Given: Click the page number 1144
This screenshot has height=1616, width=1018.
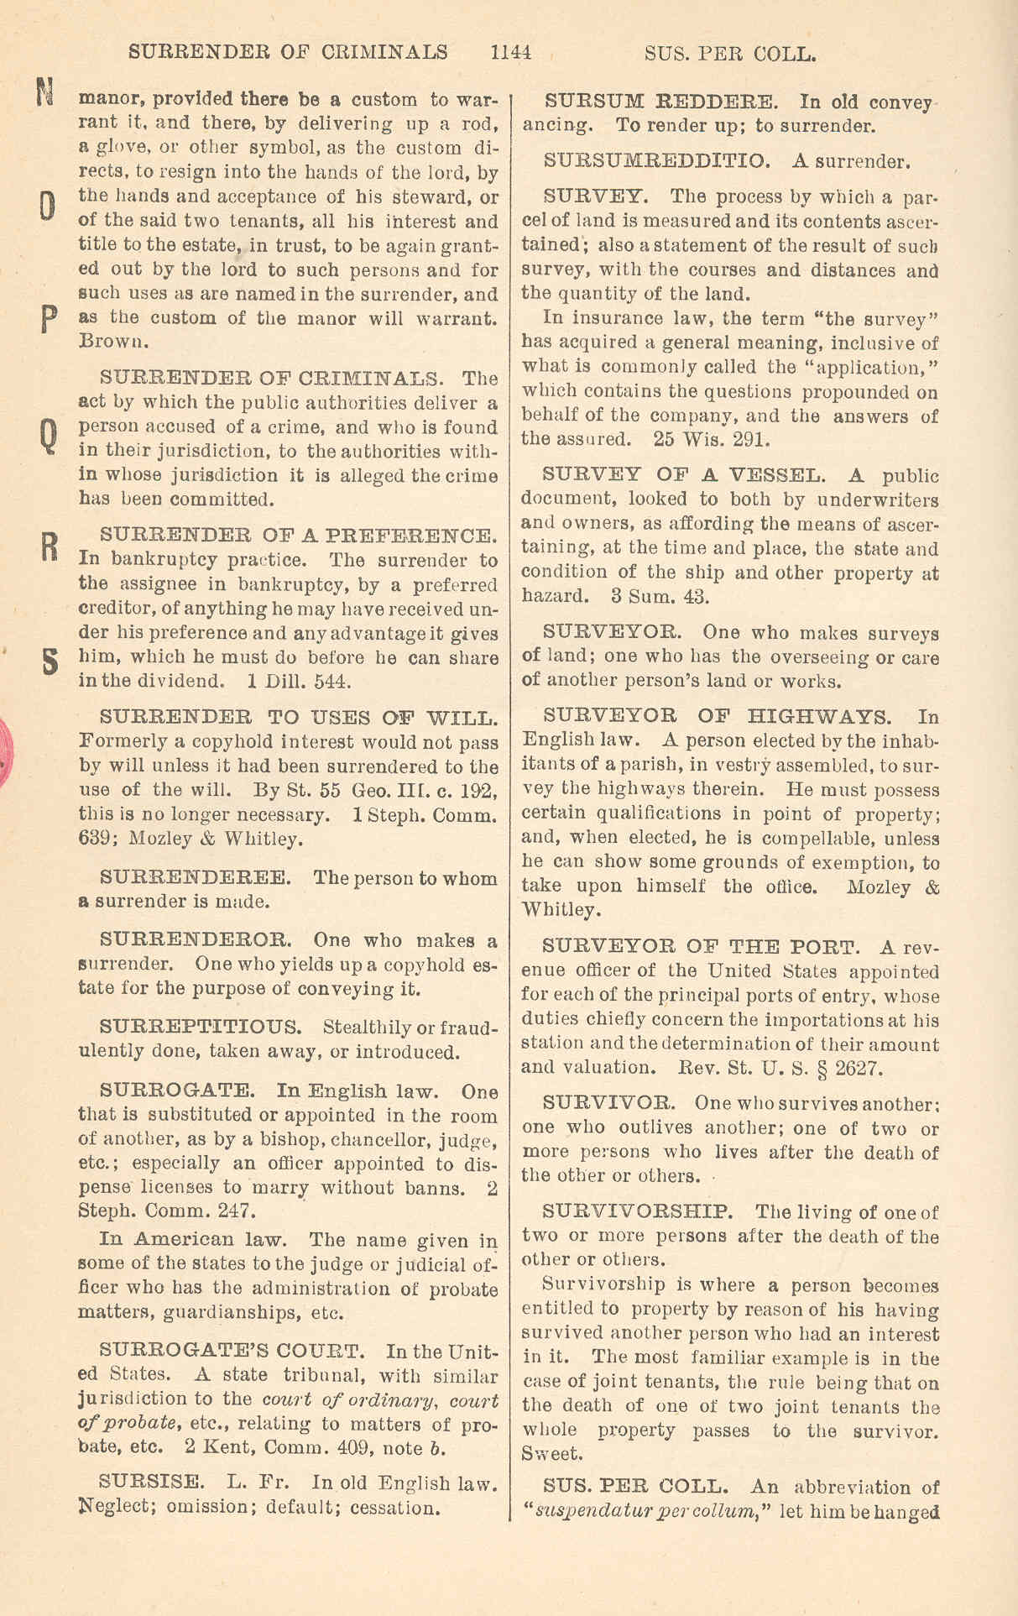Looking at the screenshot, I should pyautogui.click(x=511, y=52).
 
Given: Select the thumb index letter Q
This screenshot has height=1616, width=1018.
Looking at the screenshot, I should pyautogui.click(x=50, y=435).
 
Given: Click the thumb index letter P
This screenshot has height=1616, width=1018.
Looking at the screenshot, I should pyautogui.click(x=49, y=319).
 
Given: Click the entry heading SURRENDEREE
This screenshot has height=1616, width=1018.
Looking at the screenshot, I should pyautogui.click(x=196, y=878).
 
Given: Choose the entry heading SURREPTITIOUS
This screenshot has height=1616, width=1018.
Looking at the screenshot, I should pyautogui.click(x=201, y=1027).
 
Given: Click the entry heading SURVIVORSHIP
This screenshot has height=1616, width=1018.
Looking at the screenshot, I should pyautogui.click(x=638, y=1211).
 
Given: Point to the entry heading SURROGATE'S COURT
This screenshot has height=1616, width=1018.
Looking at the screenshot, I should pyautogui.click(x=232, y=1351).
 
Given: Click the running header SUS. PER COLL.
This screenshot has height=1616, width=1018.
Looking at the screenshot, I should pyautogui.click(x=729, y=54).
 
